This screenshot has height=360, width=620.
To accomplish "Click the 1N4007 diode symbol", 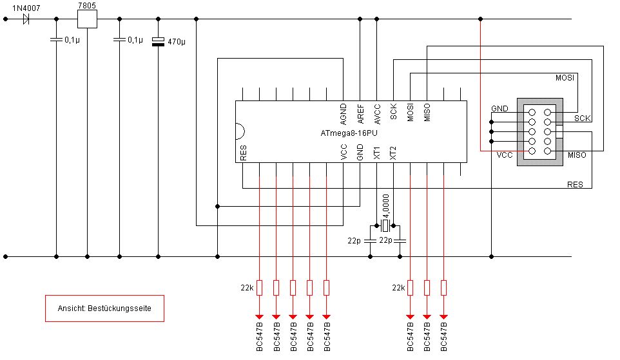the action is pyautogui.click(x=26, y=19).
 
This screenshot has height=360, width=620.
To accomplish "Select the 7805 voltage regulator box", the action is pyautogui.click(x=87, y=19).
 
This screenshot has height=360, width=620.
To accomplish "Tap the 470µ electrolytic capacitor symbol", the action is pyautogui.click(x=158, y=41).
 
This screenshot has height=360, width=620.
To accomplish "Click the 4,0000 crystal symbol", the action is pyautogui.click(x=385, y=226).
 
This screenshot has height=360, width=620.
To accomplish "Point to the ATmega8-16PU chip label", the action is pyautogui.click(x=349, y=133).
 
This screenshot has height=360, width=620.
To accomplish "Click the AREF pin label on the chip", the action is pyautogui.click(x=360, y=114).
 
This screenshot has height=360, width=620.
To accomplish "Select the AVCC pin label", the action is pyautogui.click(x=377, y=114).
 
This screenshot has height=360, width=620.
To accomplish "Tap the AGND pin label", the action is pyautogui.click(x=344, y=114).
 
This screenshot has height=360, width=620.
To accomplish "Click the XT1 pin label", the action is pyautogui.click(x=376, y=153).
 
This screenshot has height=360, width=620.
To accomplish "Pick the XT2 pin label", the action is pyautogui.click(x=393, y=153).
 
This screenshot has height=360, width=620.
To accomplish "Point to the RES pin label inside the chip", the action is pyautogui.click(x=243, y=153).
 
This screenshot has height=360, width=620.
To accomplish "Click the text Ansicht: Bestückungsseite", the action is pyautogui.click(x=104, y=308).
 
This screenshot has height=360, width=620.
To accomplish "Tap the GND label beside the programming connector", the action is pyautogui.click(x=499, y=108).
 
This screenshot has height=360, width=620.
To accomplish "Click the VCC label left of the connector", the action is pyautogui.click(x=505, y=155).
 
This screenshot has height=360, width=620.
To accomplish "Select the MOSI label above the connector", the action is pyautogui.click(x=565, y=78).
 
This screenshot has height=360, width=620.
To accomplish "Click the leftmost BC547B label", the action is pyautogui.click(x=259, y=337).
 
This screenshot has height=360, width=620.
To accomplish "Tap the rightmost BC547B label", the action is pyautogui.click(x=443, y=337).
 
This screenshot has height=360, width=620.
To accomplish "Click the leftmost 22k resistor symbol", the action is pyautogui.click(x=259, y=288).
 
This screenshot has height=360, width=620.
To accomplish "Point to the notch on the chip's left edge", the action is pyautogui.click(x=240, y=131).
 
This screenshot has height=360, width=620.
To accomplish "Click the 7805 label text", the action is pyautogui.click(x=87, y=5).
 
